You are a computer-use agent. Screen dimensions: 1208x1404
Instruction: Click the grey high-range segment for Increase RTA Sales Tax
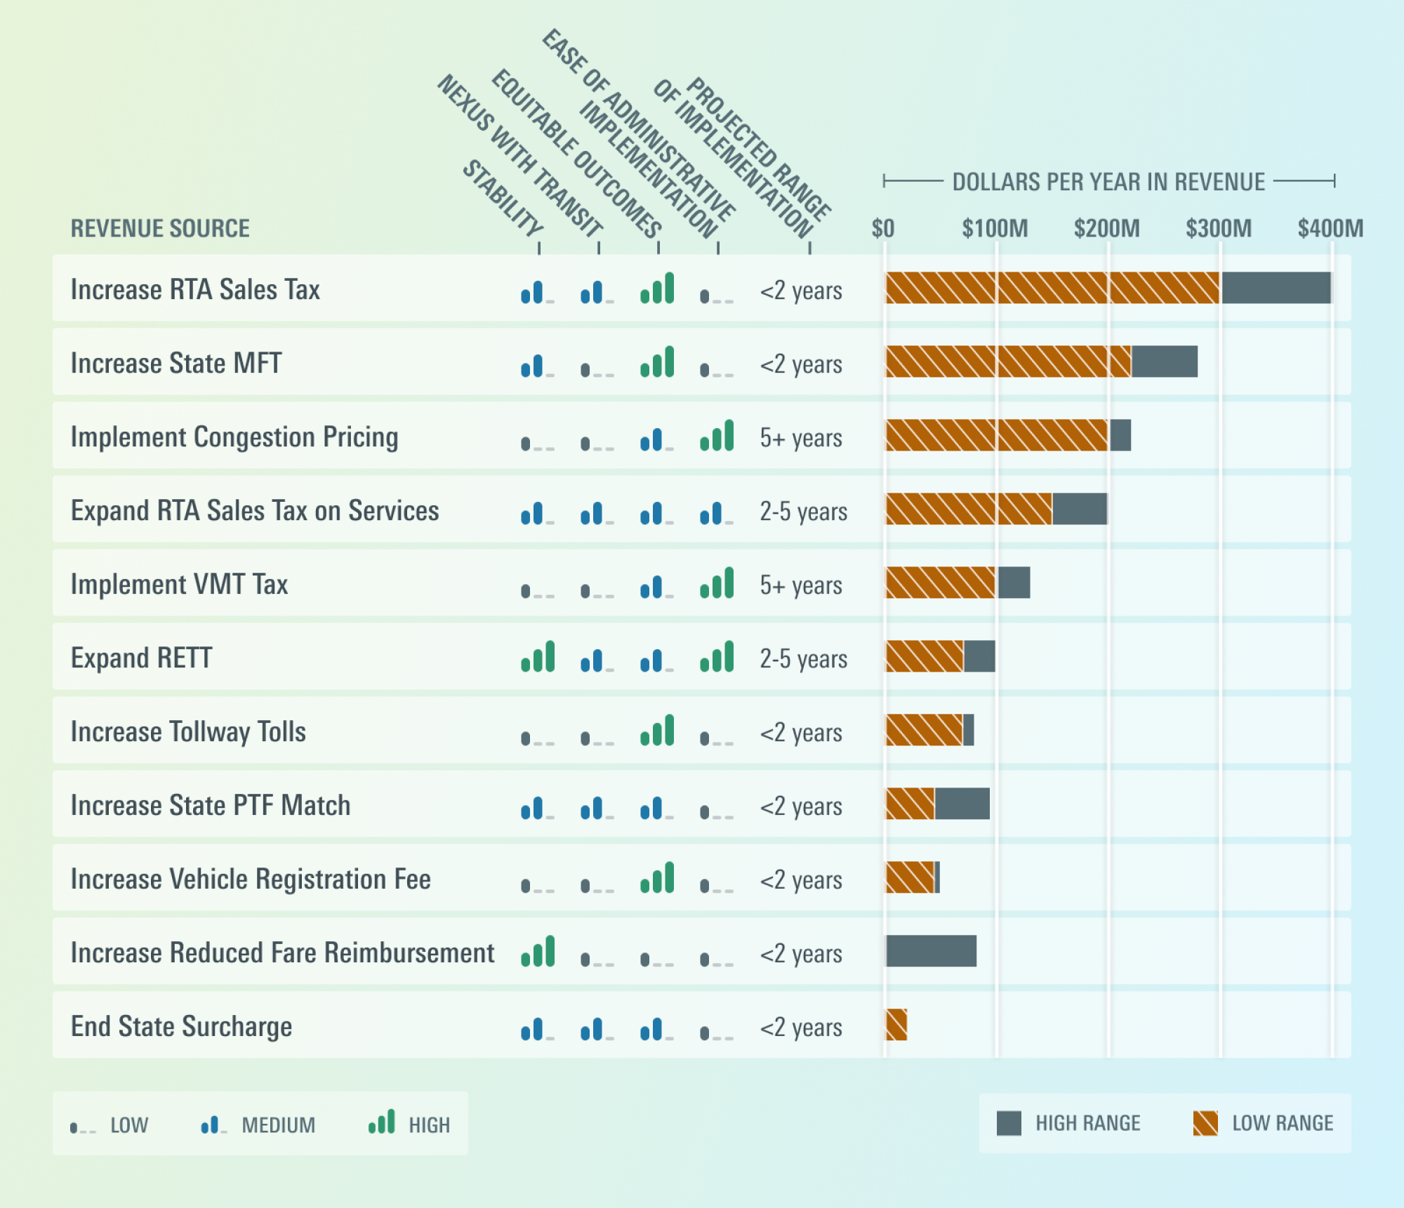1276,288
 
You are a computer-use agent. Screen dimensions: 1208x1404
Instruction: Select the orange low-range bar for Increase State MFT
1008,361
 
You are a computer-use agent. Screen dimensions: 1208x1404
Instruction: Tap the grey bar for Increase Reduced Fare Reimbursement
931,951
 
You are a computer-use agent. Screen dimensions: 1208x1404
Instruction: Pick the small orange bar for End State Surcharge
896,1025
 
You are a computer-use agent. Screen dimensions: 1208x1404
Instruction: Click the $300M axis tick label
1218,229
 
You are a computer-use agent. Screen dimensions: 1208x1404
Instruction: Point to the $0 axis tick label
882,229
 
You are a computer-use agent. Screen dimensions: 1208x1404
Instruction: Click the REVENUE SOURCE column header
160,229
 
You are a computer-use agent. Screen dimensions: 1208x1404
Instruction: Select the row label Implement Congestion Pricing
234,437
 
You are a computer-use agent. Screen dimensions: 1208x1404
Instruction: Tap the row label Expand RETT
141,658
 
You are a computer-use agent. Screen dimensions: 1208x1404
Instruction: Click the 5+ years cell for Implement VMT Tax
801,585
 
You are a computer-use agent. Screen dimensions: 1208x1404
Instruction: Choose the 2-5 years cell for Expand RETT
803,658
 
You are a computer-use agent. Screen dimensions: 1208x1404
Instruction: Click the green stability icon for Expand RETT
538,657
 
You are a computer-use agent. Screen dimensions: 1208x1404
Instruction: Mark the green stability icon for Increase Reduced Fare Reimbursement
538,952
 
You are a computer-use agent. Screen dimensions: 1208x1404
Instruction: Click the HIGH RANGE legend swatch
1009,1123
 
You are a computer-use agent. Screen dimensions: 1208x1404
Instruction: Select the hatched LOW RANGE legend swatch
1205,1123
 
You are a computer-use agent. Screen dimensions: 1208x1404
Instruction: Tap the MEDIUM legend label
278,1125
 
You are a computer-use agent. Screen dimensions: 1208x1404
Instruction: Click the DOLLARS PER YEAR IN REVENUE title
1108,182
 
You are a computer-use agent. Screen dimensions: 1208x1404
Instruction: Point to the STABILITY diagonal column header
503,198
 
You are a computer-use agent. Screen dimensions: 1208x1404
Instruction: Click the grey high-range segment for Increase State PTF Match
962,804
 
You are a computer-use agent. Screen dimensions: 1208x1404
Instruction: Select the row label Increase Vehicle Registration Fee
251,879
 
